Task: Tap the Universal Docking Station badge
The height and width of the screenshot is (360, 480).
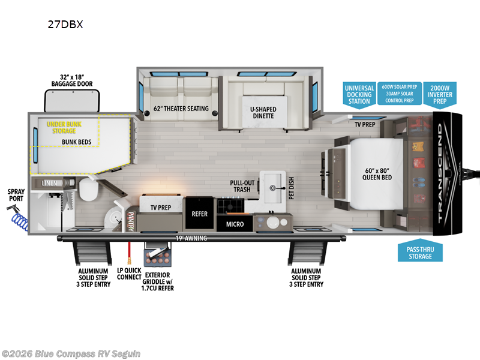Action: (359, 95)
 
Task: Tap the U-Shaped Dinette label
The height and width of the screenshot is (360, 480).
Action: (262, 112)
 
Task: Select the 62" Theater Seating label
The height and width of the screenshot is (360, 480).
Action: (181, 109)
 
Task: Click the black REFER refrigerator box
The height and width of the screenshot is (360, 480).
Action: (199, 214)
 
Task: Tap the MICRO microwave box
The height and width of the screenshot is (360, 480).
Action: (235, 224)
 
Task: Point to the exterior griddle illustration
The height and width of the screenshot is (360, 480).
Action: (161, 253)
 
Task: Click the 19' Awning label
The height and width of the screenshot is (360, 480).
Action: (191, 238)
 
